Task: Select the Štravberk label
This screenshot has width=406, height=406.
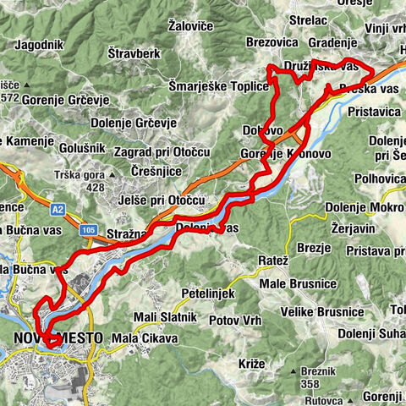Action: pos(136,52)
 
